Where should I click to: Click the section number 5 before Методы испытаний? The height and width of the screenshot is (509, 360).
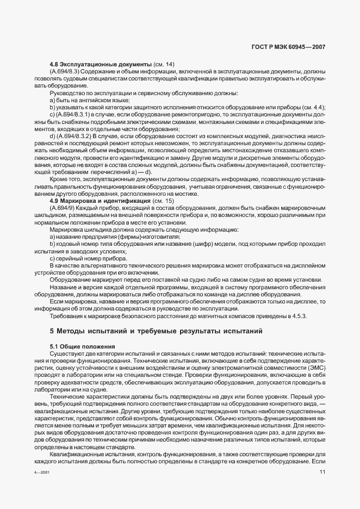[52, 330]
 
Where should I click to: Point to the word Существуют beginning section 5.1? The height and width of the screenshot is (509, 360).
[67, 354]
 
